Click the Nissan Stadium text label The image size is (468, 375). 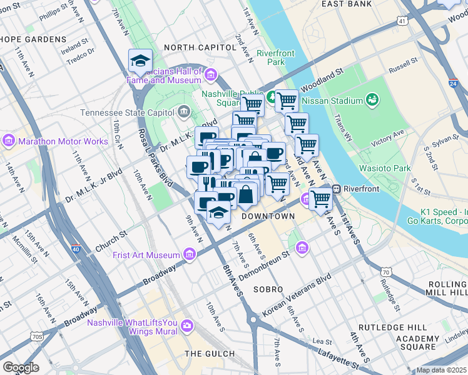point(332,100)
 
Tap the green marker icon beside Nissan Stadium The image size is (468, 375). point(372,99)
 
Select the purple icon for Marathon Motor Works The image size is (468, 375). point(9,141)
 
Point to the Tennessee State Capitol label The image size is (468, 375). point(128,113)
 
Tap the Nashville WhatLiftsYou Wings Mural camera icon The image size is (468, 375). point(187,325)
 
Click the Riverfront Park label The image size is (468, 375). point(275,57)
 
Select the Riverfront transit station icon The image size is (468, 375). point(336,188)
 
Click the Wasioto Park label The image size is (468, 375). point(384,168)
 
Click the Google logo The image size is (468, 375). point(20,367)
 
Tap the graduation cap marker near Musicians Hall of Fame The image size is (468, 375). point(140,61)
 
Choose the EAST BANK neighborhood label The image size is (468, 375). point(347,4)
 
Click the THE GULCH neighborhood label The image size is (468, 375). point(210,354)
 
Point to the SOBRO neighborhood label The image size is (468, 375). point(268,290)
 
